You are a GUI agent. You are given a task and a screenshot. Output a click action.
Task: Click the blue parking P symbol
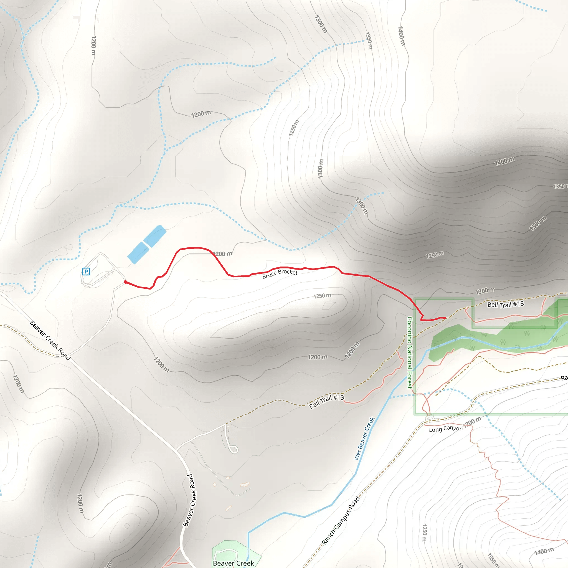(x=86, y=271)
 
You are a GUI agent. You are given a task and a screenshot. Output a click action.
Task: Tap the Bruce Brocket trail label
(x=280, y=273)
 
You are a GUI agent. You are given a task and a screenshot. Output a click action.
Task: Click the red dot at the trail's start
(x=126, y=282)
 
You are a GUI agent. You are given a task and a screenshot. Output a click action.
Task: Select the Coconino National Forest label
(x=410, y=353)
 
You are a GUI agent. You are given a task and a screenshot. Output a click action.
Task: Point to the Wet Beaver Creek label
(x=364, y=438)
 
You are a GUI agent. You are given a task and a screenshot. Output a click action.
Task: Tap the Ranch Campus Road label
(x=341, y=520)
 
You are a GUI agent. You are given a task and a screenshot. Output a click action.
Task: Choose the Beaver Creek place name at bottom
(x=234, y=563)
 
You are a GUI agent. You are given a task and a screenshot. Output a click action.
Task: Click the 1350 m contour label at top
(x=369, y=40)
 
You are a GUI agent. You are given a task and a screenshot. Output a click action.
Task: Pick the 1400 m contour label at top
(x=401, y=36)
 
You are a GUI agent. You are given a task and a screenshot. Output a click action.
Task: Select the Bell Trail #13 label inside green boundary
(x=505, y=304)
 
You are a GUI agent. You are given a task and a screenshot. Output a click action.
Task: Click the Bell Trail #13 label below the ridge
(x=326, y=401)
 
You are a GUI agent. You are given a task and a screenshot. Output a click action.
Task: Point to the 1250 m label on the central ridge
(x=322, y=296)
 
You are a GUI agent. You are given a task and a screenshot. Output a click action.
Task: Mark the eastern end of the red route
(x=445, y=318)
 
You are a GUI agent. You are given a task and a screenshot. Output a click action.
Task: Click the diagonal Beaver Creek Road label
(x=50, y=341)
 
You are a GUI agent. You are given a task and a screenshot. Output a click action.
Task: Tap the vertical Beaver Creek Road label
(x=190, y=500)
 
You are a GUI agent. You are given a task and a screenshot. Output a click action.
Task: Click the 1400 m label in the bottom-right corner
(x=544, y=551)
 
